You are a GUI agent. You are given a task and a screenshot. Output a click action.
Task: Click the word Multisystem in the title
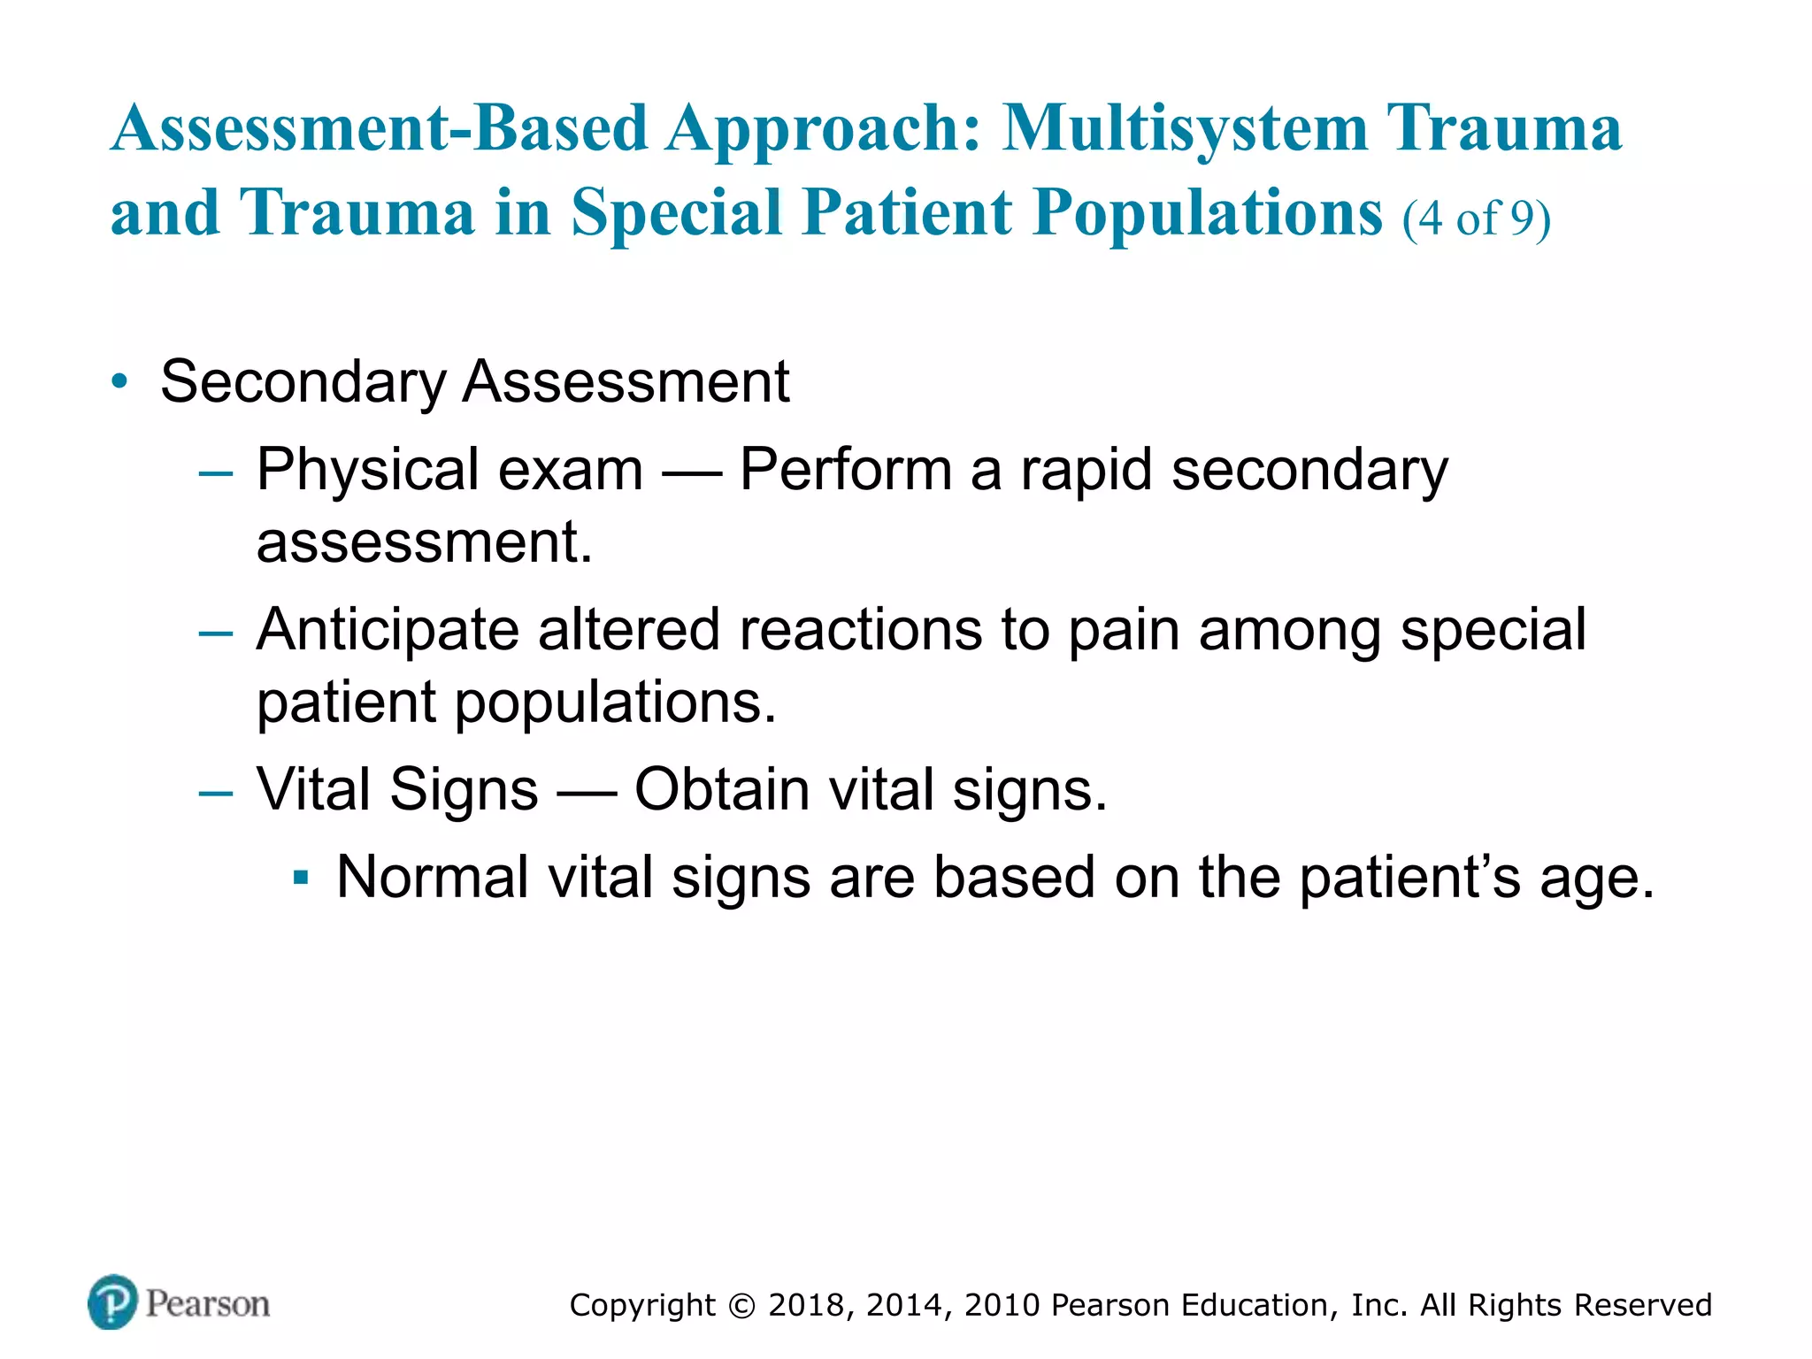click(1186, 128)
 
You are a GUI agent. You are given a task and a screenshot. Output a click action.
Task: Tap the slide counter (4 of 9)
click(1476, 218)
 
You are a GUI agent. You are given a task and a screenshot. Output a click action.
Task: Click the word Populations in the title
click(1207, 214)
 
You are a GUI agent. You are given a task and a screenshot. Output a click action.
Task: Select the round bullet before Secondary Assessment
click(119, 382)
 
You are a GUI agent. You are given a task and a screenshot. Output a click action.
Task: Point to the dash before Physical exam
click(216, 473)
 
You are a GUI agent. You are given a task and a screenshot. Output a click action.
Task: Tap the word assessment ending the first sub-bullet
click(423, 541)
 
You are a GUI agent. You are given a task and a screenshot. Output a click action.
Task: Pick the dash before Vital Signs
click(216, 793)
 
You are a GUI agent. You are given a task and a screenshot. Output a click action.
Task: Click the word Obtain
click(722, 789)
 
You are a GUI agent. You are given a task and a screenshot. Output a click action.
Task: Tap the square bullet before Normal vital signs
click(301, 879)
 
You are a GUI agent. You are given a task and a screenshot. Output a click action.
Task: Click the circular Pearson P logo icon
click(112, 1301)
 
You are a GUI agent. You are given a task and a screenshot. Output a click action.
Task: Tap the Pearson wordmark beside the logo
click(207, 1303)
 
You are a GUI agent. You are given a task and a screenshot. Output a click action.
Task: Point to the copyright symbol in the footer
click(741, 1306)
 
